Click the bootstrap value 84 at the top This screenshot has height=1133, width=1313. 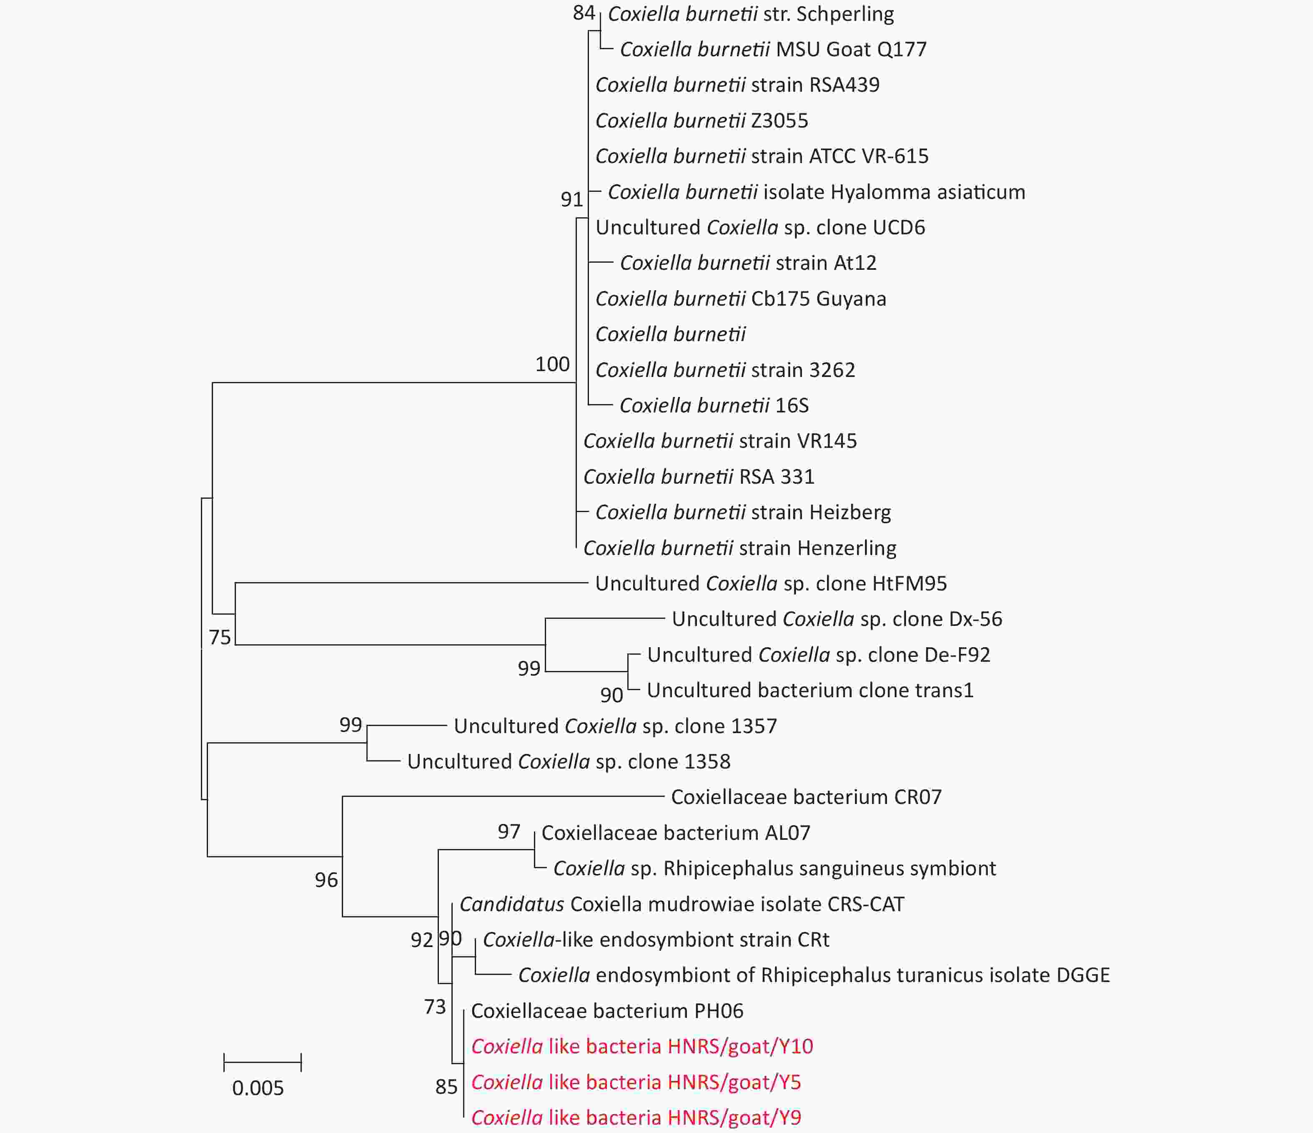[584, 13]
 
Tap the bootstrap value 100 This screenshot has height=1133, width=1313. [553, 364]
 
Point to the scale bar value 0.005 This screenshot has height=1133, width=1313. [258, 1088]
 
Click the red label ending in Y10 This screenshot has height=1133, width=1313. [642, 1046]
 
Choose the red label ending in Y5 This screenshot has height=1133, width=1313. [636, 1082]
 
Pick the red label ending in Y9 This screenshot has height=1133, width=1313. [636, 1117]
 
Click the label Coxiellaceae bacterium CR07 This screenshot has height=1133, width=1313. [806, 797]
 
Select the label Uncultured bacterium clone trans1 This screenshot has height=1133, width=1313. [810, 690]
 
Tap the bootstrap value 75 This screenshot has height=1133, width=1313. [220, 637]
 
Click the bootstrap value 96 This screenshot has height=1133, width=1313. [326, 879]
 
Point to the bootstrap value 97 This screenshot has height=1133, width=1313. [509, 831]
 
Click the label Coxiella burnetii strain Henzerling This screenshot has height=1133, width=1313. [739, 548]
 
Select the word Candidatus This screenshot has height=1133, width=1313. [511, 904]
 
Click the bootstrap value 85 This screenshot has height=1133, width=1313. [446, 1087]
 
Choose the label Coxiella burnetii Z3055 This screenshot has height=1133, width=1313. [702, 121]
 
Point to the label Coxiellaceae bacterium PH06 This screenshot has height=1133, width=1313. [607, 1011]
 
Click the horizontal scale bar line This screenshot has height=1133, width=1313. [262, 1062]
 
